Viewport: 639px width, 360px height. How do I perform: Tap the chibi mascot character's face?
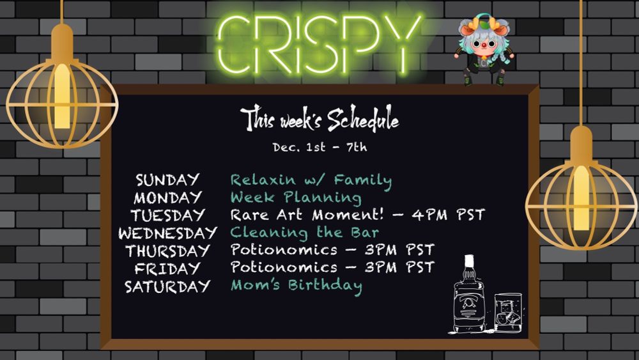pyautogui.click(x=484, y=43)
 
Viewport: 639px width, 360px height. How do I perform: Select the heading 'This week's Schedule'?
pyautogui.click(x=319, y=118)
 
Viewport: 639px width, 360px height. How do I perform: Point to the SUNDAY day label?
pyautogui.click(x=167, y=180)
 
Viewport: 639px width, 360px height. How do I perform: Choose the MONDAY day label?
pyautogui.click(x=167, y=198)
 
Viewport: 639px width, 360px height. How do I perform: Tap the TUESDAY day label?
pyautogui.click(x=167, y=215)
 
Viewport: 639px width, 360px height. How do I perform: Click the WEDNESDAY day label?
pyautogui.click(x=167, y=233)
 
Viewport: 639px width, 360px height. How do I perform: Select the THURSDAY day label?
pyautogui.click(x=167, y=250)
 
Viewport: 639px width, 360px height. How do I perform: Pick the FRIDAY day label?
pyautogui.click(x=167, y=269)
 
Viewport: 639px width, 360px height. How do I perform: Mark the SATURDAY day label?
pyautogui.click(x=167, y=286)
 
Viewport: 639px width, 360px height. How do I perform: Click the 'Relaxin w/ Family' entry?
pyautogui.click(x=311, y=180)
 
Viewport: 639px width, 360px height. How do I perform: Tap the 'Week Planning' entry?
pyautogui.click(x=296, y=198)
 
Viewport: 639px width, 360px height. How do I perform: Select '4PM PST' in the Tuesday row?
pyautogui.click(x=449, y=214)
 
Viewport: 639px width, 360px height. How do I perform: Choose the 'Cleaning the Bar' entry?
pyautogui.click(x=304, y=232)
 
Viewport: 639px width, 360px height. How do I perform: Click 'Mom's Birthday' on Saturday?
pyautogui.click(x=296, y=285)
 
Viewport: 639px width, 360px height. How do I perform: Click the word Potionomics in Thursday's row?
pyautogui.click(x=284, y=249)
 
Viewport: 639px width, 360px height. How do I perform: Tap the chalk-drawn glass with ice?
pyautogui.click(x=508, y=312)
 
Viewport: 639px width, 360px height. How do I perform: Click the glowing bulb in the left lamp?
pyautogui.click(x=62, y=96)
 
